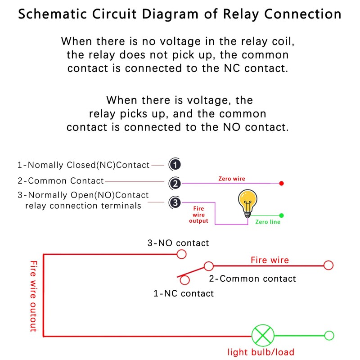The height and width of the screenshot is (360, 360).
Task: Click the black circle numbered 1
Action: coord(175,165)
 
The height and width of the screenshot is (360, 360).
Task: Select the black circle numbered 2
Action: coord(175,183)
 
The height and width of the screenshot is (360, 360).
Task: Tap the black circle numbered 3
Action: coord(175,202)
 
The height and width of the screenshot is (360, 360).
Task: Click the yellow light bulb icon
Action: coord(247,203)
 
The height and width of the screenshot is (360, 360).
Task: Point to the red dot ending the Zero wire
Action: coord(281,183)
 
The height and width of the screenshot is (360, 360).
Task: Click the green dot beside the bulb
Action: coord(281,216)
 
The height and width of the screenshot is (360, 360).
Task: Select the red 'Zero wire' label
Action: coord(232,179)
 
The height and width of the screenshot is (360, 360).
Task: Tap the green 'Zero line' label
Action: coord(268,222)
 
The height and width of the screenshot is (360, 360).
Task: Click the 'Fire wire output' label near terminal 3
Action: coord(198,215)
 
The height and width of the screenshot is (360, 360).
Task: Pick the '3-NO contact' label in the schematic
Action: coord(178,243)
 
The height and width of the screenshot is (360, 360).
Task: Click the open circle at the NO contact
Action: coord(181,254)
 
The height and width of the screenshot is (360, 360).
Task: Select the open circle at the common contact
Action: coord(208,266)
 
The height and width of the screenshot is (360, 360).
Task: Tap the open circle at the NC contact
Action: coord(184,280)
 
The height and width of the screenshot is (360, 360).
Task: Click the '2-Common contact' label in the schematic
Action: coord(252,279)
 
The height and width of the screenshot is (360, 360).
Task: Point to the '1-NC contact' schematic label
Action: coord(184,293)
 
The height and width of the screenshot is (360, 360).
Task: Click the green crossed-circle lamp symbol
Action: coord(263,336)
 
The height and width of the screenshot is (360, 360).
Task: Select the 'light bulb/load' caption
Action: coord(261,352)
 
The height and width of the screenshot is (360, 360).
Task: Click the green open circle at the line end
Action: coord(329,336)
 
